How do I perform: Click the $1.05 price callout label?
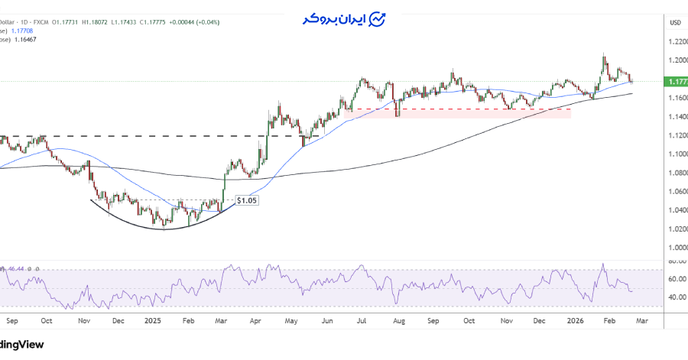coord(245,200)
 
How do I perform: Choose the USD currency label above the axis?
coord(675,22)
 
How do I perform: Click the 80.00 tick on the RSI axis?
coord(675,261)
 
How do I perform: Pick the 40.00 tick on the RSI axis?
coord(675,297)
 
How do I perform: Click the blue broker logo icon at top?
coord(377,18)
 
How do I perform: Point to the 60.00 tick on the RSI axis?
coord(675,279)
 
